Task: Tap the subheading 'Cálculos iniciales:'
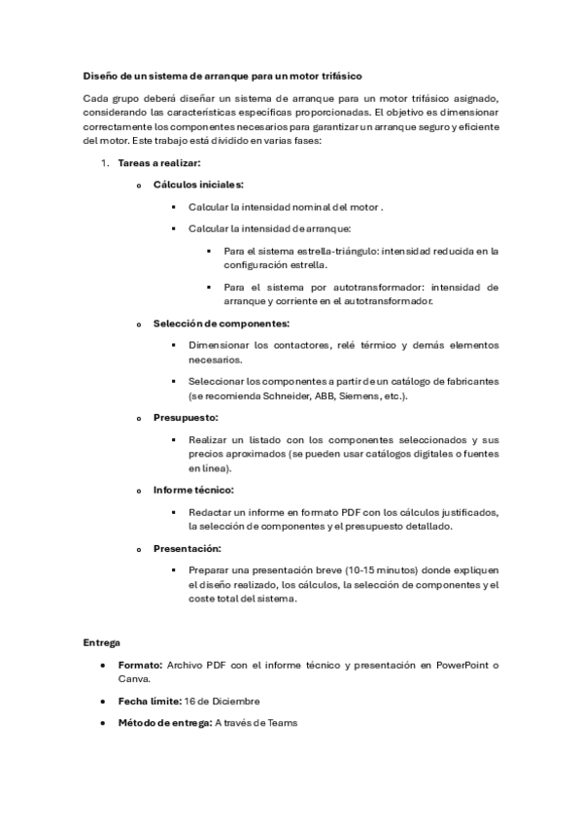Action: click(x=198, y=185)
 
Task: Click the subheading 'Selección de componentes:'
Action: click(x=222, y=323)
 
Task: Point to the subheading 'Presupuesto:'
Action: click(x=186, y=417)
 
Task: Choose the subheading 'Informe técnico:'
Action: click(x=193, y=490)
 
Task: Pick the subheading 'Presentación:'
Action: click(x=187, y=548)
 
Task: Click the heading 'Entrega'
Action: click(x=102, y=642)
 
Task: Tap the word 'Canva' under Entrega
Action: click(x=133, y=679)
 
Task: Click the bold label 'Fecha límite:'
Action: click(x=148, y=701)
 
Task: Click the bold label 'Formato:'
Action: click(x=140, y=666)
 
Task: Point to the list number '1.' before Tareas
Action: click(x=105, y=162)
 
